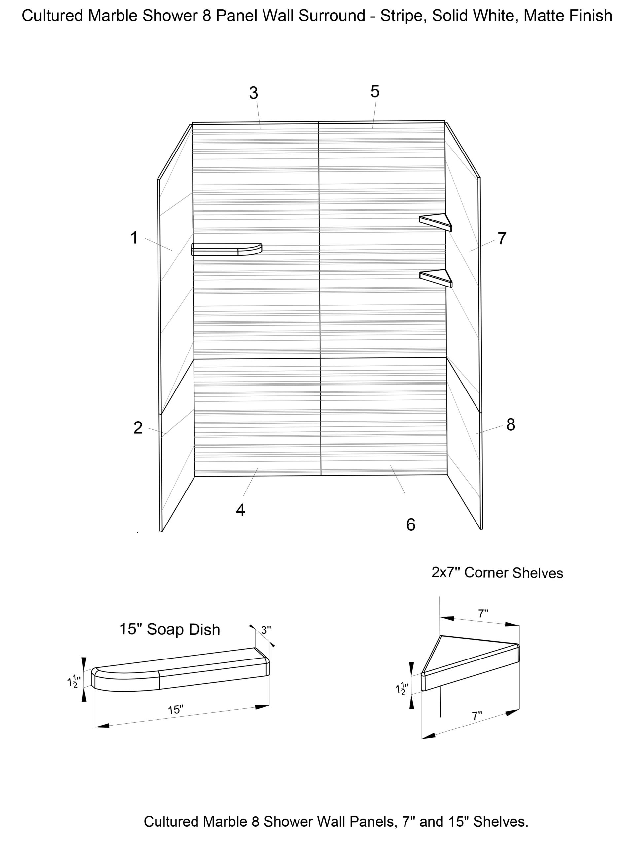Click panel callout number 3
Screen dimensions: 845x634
253,93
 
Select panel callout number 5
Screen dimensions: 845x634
374,92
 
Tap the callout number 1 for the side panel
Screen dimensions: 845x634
134,238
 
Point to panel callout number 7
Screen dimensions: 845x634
502,238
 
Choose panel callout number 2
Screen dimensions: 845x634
138,427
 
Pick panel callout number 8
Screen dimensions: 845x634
511,425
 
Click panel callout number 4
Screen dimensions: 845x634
240,510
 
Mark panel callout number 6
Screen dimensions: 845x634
410,525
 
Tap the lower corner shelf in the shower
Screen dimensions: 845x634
436,277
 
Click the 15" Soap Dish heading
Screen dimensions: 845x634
170,629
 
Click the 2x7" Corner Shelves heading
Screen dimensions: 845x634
497,572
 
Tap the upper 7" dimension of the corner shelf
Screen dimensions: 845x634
483,614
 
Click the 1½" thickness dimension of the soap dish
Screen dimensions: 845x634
73,682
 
